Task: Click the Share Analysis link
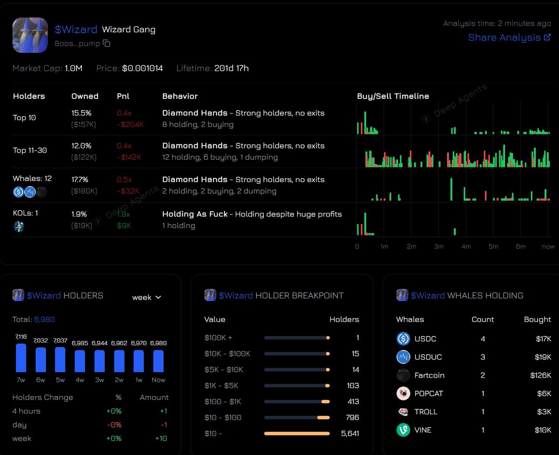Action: click(510, 38)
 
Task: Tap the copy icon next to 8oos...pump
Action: click(107, 43)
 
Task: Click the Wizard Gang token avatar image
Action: click(30, 35)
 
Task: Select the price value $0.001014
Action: click(142, 68)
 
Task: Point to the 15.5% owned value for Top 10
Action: click(82, 113)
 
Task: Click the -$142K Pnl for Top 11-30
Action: click(129, 157)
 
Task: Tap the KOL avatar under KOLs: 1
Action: click(19, 226)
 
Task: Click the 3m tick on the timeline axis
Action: click(439, 246)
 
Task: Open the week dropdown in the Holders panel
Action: click(146, 297)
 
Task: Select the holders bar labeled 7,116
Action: click(21, 358)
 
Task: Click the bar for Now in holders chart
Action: click(158, 361)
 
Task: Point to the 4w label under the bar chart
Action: click(80, 380)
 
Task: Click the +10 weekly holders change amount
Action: click(161, 439)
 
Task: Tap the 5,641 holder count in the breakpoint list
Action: click(350, 434)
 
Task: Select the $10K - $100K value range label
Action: click(227, 354)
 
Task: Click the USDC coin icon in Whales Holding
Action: click(403, 338)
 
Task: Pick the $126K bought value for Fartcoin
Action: click(541, 375)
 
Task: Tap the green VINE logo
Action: click(403, 430)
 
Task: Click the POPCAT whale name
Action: click(429, 393)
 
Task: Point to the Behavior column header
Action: click(180, 96)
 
